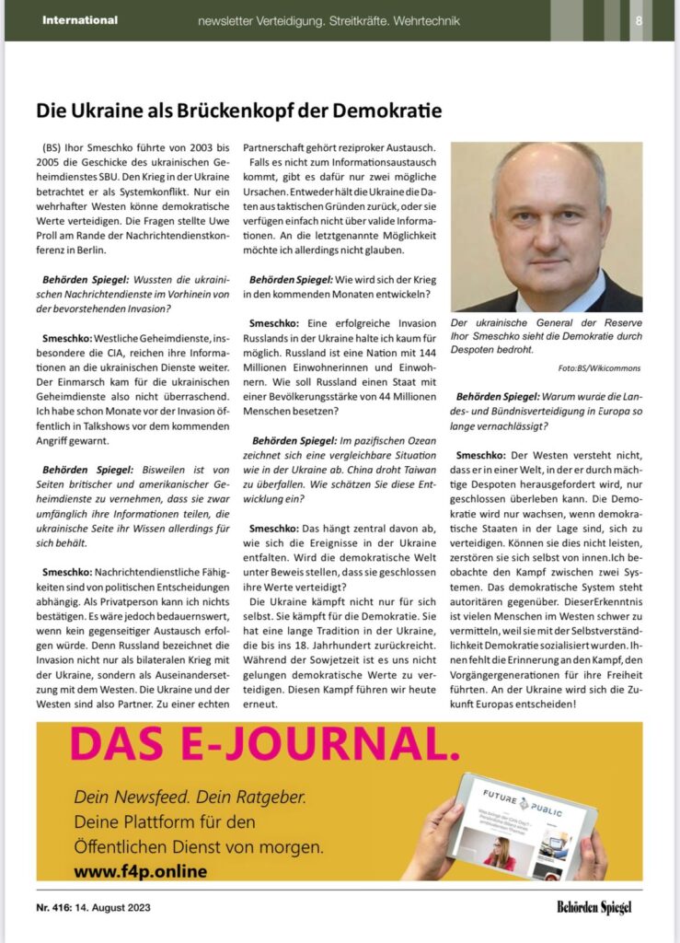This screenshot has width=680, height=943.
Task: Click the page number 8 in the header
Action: [x=639, y=20]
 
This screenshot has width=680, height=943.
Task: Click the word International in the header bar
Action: [x=80, y=20]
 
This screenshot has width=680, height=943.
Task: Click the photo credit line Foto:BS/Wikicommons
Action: [x=599, y=368]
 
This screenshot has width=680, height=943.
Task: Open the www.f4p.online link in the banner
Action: [x=140, y=869]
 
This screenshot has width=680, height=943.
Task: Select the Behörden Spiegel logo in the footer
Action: [x=594, y=907]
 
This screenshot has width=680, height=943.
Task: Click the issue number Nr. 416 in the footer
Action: [x=61, y=907]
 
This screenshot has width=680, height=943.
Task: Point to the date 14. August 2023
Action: [x=121, y=907]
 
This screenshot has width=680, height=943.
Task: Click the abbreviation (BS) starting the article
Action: [x=54, y=147]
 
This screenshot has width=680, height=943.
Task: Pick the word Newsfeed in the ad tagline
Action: [x=151, y=794]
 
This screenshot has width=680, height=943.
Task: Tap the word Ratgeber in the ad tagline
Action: [x=267, y=794]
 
